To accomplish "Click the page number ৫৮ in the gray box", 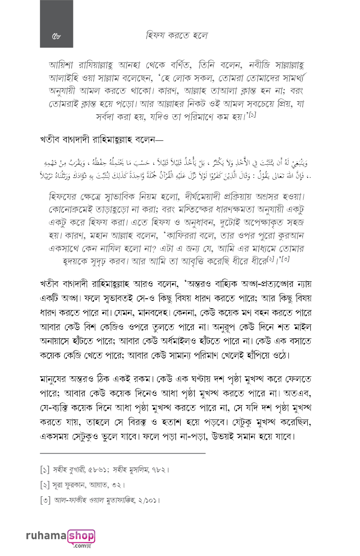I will tap(56, 36).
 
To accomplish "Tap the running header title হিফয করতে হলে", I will tap(177, 35).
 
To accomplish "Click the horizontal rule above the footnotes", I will tap(122, 454).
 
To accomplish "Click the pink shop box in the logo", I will tap(82, 536).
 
